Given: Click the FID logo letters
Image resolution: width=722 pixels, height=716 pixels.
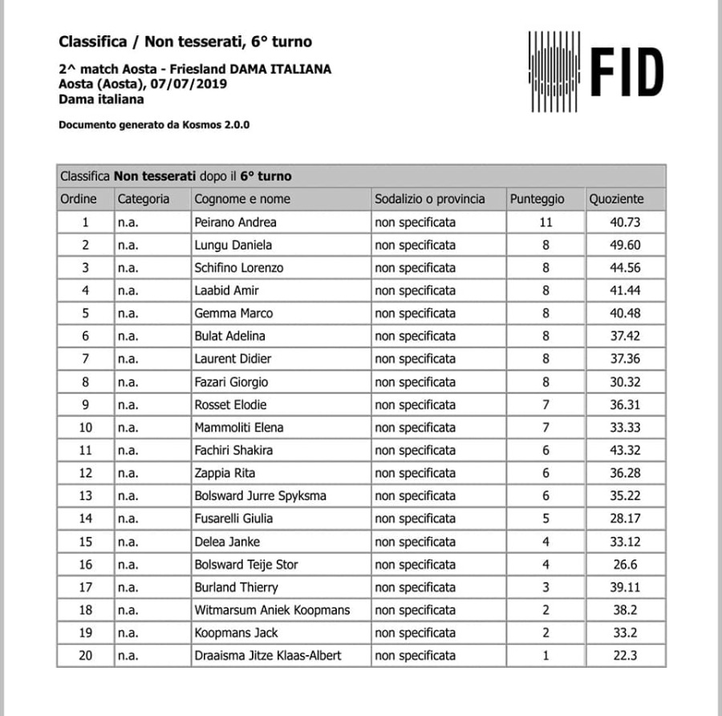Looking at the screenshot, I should tap(627, 71).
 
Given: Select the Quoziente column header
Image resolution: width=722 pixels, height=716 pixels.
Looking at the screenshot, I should tap(616, 199).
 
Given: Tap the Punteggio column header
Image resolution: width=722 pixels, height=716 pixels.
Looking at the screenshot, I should tap(537, 199).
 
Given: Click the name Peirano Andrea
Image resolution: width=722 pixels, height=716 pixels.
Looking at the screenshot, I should tap(235, 222).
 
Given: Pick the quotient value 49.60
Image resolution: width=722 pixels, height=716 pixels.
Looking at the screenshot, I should tap(625, 245).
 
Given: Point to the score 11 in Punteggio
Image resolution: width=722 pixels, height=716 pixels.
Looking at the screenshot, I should tap(546, 222).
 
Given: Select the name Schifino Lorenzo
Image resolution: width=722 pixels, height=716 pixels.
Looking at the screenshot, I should tap(238, 268).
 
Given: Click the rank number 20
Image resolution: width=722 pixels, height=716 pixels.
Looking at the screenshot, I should tap(85, 656).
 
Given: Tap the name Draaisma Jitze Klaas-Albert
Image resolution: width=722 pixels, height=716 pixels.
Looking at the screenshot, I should tap(267, 656).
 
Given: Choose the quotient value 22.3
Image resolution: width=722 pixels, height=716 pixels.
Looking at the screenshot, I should tap(625, 656).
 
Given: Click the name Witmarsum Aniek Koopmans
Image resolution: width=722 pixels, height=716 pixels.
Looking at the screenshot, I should tap(272, 610).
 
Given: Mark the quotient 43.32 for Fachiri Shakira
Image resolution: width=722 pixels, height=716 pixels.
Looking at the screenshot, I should tap(625, 450).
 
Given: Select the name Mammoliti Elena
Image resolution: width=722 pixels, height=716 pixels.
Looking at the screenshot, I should tap(238, 428).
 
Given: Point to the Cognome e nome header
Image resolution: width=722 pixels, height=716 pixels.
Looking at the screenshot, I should tap(242, 199).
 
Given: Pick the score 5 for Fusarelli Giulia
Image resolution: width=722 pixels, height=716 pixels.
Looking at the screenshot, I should tap(546, 519).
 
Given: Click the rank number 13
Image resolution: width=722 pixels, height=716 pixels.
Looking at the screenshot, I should tap(85, 496).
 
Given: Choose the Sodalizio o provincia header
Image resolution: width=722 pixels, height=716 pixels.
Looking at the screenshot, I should tap(429, 199).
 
